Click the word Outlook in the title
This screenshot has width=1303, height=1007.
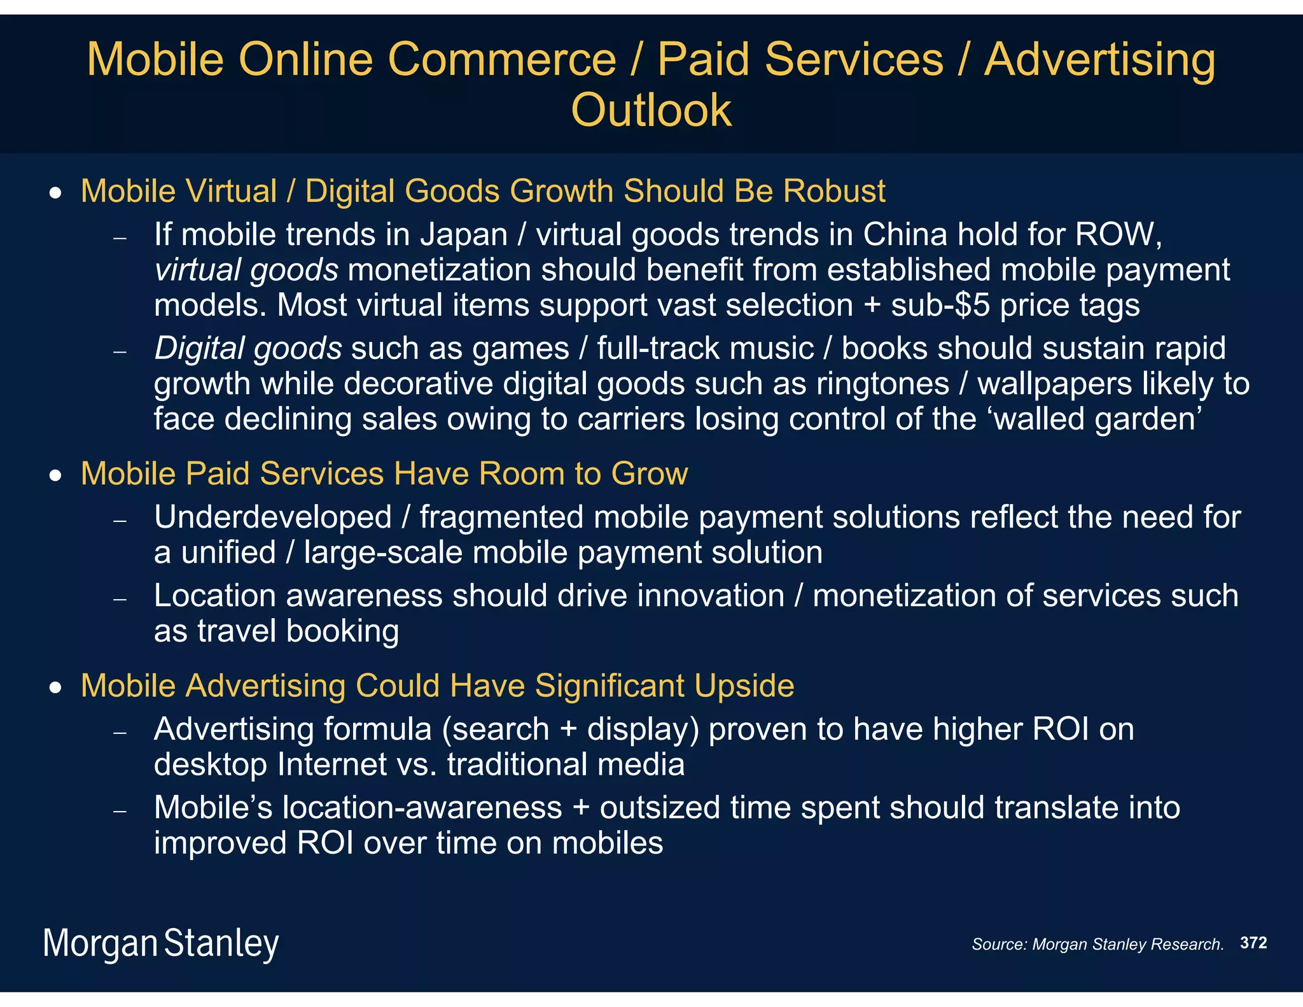click(651, 110)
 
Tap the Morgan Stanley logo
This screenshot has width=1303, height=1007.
click(161, 943)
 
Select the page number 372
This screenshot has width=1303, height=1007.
click(1253, 943)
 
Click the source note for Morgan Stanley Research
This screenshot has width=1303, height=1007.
click(1097, 944)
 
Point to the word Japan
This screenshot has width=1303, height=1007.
click(463, 235)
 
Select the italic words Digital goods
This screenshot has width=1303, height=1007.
click(248, 349)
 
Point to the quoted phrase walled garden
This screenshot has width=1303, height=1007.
click(1097, 419)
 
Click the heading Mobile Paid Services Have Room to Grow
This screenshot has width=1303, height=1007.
click(384, 474)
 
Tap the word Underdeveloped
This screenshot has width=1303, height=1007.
click(273, 517)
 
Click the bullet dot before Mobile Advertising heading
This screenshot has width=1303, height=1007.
click(57, 687)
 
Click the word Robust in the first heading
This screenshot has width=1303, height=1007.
click(834, 191)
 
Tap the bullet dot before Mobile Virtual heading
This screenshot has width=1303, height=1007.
click(57, 192)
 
